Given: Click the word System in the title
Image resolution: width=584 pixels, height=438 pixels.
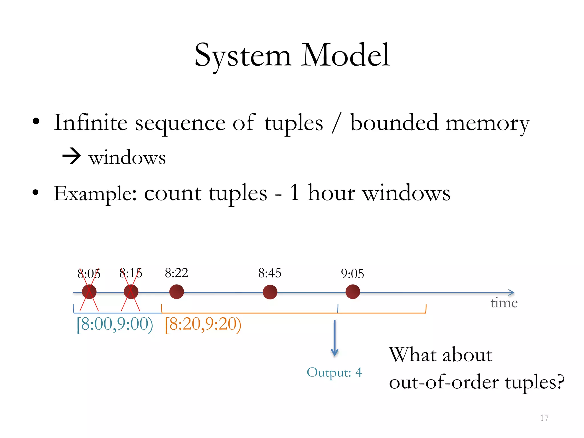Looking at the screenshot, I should [243, 56].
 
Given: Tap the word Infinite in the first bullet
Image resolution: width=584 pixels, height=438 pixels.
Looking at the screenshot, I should [90, 123].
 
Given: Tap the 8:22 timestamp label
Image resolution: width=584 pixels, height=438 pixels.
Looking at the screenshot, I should [177, 273].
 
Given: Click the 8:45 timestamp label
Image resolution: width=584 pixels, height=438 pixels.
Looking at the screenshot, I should [270, 273].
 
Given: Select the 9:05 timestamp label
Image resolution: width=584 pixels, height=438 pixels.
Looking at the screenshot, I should [352, 274].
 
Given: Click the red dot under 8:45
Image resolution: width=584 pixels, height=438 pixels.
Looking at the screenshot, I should [270, 292].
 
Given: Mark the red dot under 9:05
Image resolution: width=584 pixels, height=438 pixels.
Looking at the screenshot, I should [353, 292].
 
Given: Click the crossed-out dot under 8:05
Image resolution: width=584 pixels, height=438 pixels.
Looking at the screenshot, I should [89, 292].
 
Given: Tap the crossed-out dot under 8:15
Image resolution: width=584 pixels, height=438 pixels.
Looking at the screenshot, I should [131, 292].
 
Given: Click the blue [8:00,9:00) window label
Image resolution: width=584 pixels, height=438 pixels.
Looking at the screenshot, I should [115, 324].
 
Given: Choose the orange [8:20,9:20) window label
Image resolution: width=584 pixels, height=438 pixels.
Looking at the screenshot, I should [203, 324].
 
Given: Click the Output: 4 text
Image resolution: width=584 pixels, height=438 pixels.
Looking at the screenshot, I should [334, 372].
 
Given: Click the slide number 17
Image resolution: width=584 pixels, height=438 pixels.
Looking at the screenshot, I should [544, 418].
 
